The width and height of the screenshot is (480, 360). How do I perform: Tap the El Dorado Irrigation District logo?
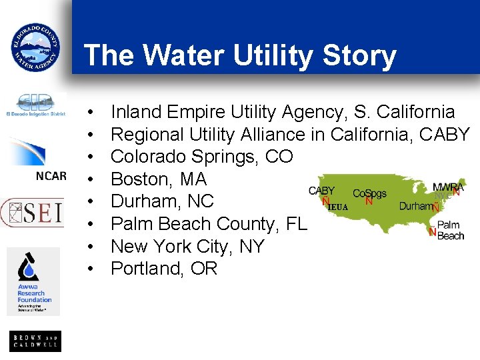click(x=35, y=105)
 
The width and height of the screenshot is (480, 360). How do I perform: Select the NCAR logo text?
click(x=51, y=176)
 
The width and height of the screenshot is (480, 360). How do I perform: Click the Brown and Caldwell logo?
click(x=35, y=341)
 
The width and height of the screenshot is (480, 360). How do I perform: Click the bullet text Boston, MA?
click(x=159, y=179)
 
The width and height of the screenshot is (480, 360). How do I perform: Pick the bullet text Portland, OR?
click(x=164, y=269)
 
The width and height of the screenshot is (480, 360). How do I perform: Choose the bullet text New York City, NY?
click(x=187, y=247)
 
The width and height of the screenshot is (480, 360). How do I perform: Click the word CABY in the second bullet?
click(x=445, y=135)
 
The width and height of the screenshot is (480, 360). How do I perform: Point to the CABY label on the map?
click(x=322, y=191)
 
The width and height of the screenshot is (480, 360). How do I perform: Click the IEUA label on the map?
click(x=339, y=207)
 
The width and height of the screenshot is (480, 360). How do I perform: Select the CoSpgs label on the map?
click(x=369, y=193)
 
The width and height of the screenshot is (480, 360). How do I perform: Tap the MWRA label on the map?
click(x=448, y=187)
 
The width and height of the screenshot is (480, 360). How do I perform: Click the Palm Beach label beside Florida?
click(x=451, y=231)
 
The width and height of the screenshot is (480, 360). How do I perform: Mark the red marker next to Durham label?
click(x=435, y=207)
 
